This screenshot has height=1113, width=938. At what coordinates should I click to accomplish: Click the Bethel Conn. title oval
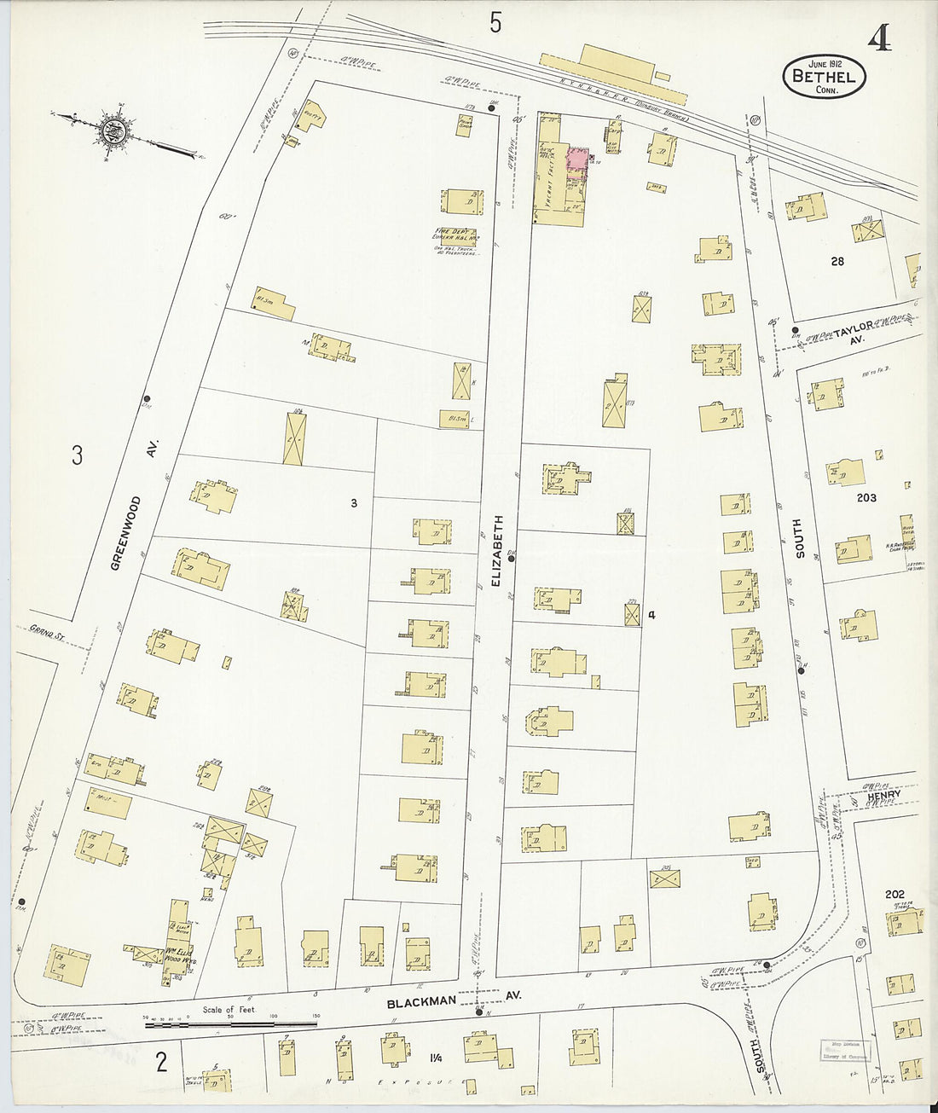tap(824, 77)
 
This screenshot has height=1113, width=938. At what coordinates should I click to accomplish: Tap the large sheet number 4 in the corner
tap(881, 39)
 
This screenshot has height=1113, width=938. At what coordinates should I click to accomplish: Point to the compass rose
tap(112, 130)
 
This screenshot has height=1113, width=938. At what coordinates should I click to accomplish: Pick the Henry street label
tap(883, 795)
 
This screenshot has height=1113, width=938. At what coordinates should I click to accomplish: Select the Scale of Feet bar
tap(229, 1019)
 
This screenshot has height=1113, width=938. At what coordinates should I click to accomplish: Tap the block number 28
tap(837, 261)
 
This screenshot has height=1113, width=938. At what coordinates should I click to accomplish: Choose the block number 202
tap(895, 894)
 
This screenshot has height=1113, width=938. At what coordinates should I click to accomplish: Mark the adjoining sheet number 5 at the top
tap(496, 24)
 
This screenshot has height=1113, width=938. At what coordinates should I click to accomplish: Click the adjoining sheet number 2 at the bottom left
tap(160, 1063)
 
